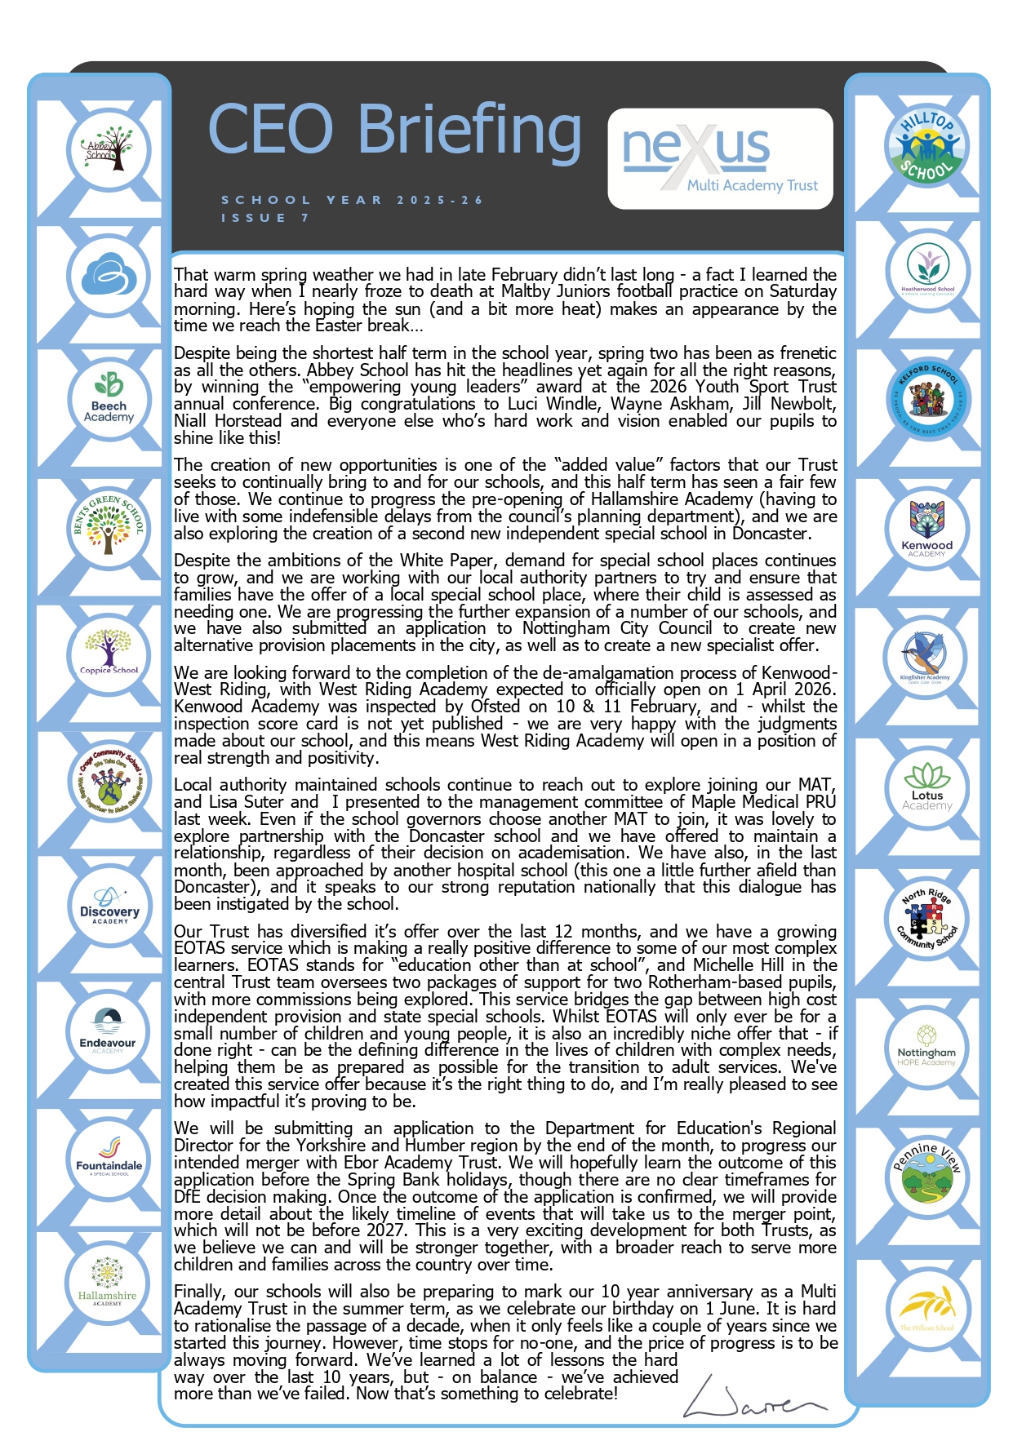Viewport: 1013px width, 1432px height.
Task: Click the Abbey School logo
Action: [109, 150]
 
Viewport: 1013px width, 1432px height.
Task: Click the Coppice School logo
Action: [109, 653]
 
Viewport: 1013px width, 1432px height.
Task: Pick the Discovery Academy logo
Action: [109, 906]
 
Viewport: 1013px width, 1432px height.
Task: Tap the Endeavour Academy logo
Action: [108, 1031]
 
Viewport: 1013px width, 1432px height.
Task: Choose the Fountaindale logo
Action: [109, 1157]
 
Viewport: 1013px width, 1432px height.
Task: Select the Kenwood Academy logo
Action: [926, 530]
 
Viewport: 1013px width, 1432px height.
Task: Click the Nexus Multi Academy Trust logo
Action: [720, 158]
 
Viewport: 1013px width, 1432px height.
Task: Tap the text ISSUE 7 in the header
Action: [264, 218]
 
